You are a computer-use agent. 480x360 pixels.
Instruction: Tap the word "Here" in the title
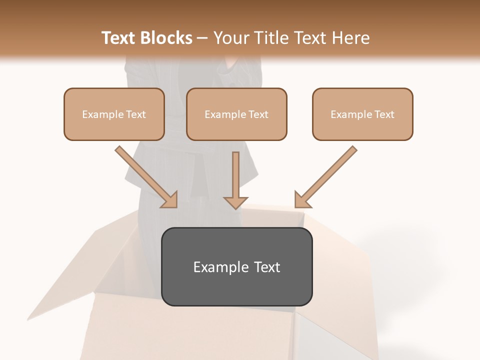351,38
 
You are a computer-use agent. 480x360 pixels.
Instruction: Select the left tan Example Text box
114,114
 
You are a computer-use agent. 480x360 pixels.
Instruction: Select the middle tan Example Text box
236,114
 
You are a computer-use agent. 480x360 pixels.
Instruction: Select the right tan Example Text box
362,114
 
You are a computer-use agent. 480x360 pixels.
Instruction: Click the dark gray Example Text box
236,266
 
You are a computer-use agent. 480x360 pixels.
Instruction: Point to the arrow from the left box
145,175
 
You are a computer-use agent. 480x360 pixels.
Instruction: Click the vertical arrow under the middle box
235,177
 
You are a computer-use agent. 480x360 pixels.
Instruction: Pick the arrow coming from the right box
327,175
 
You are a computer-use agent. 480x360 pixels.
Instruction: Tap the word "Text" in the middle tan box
258,114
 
